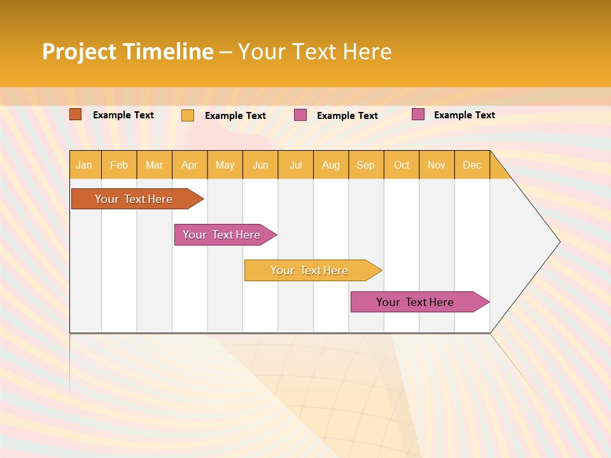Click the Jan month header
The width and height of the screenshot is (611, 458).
pos(84,165)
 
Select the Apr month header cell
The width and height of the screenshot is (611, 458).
pos(189,165)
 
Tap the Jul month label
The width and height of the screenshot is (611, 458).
pos(295,165)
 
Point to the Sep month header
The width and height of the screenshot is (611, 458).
pos(365,165)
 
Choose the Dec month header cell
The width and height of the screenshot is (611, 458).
pos(472,165)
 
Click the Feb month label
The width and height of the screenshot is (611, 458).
pos(119,165)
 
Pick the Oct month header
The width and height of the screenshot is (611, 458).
pos(402,165)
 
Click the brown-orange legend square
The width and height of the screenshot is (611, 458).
pos(75,114)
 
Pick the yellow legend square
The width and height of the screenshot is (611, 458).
pos(188,115)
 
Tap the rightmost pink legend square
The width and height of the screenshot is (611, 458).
pos(418,114)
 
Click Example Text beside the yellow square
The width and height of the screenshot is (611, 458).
pos(235,116)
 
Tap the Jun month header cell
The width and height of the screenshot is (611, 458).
pos(260,165)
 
